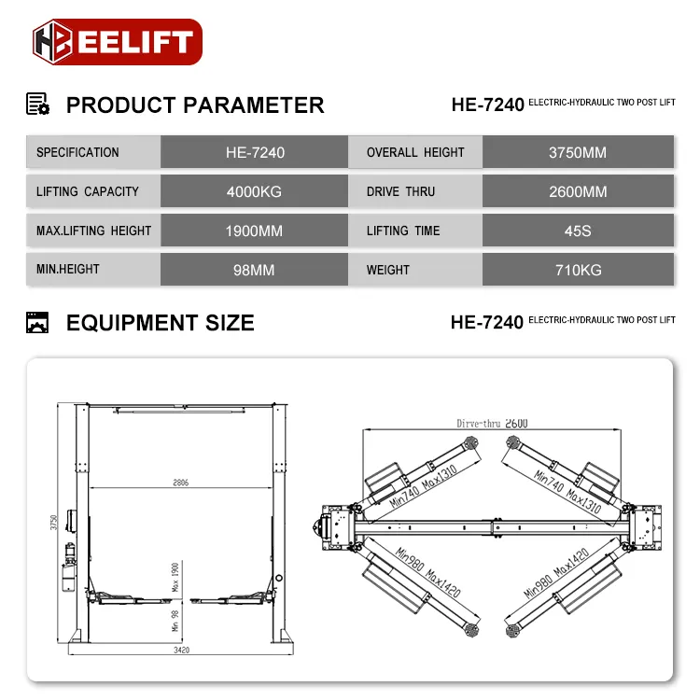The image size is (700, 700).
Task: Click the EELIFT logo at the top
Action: [117, 42]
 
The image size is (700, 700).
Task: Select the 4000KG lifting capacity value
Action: [254, 191]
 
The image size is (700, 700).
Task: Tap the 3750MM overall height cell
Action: [578, 152]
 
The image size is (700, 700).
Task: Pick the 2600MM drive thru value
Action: [578, 191]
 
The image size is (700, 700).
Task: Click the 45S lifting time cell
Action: [578, 231]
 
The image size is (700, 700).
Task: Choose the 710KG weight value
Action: [578, 270]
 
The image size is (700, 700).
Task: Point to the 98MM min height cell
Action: [254, 270]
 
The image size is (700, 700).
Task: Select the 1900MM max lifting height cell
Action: [254, 231]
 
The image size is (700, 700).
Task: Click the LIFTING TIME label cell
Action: [415, 231]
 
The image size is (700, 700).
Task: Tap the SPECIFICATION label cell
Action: [92, 152]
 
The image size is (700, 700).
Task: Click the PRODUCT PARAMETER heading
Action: [195, 105]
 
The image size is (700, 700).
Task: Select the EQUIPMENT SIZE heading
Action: [160, 323]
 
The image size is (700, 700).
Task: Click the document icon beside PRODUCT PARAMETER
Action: [37, 104]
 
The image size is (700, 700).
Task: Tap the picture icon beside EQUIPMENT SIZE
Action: [37, 323]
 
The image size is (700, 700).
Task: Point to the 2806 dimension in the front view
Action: [180, 483]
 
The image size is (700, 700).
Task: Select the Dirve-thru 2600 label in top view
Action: [492, 423]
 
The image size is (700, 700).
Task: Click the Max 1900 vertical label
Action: [175, 577]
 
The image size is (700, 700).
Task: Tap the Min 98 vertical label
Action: [175, 621]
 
